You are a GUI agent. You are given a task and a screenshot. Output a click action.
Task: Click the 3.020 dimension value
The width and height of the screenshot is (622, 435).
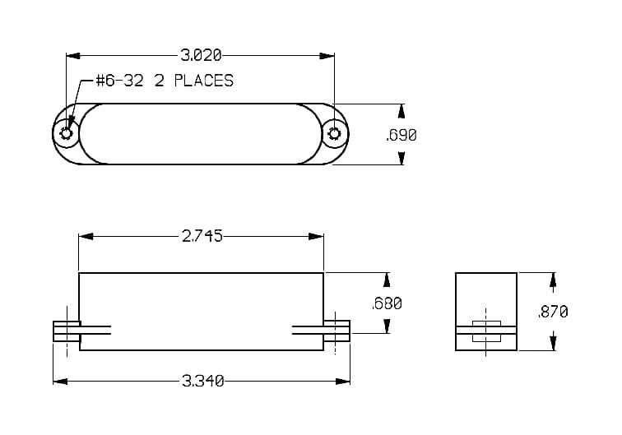pos(200,56)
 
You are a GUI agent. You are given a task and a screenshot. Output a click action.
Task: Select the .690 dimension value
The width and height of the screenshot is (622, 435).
pos(401,135)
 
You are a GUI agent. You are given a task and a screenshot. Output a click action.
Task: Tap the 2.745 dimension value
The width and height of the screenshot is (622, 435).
pos(200,237)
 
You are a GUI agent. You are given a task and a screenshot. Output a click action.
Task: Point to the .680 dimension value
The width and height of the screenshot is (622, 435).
pos(386,303)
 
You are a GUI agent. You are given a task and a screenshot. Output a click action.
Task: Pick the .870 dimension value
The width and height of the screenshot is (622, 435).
pos(552,312)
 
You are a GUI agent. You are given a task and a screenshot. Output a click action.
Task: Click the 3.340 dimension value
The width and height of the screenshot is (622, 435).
pos(200,381)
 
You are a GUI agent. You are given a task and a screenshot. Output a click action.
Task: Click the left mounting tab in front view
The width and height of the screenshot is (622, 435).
pos(66,331)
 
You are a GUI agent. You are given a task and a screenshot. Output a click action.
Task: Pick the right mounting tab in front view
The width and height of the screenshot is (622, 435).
pos(337,331)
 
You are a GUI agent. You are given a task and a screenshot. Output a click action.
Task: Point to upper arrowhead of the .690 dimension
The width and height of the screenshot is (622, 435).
pos(402,110)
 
